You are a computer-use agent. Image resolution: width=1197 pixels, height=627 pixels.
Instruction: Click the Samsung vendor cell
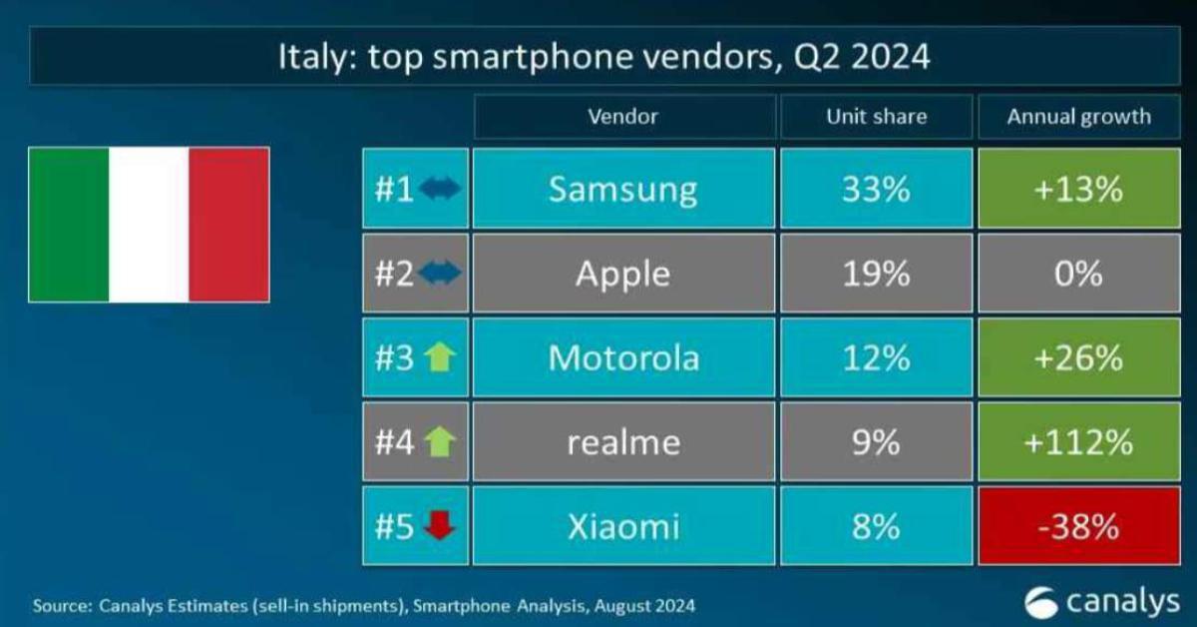coord(623,190)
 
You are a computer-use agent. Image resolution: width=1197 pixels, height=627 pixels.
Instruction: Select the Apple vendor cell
coord(623,274)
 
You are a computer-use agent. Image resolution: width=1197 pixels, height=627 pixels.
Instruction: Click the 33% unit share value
coord(876,190)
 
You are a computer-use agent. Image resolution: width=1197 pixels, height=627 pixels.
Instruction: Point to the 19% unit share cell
coord(876,274)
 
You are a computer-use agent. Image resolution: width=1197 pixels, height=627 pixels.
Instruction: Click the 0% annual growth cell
coord(1078,274)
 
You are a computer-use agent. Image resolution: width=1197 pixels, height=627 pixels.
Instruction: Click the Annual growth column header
coord(1078,117)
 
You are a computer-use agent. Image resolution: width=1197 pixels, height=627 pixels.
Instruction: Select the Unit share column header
coord(876,117)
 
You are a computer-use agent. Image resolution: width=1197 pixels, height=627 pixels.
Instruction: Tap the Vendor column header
coord(623,117)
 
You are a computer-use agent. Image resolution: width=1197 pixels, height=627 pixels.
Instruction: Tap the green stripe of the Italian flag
coord(69,225)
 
